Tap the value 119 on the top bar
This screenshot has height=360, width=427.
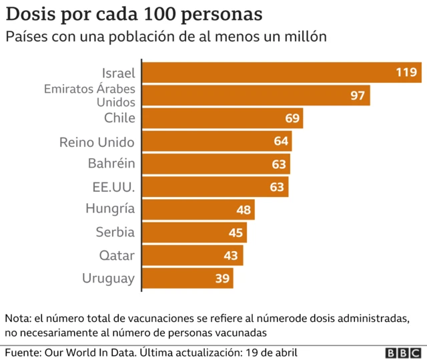tap(406, 72)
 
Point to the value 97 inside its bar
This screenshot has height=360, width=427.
tap(358, 96)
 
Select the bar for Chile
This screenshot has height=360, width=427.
tap(223, 118)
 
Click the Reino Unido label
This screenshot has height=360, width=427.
tap(97, 142)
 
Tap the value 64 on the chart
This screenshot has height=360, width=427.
tap(280, 142)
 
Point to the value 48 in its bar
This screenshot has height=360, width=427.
tap(244, 210)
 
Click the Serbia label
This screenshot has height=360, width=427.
tap(115, 232)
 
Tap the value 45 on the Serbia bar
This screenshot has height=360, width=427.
tap(236, 233)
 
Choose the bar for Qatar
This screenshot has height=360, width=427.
tap(193, 256)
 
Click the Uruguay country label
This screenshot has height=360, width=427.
tap(108, 279)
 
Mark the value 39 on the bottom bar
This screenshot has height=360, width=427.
tap(222, 279)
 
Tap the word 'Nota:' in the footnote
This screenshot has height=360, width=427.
tap(19, 317)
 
